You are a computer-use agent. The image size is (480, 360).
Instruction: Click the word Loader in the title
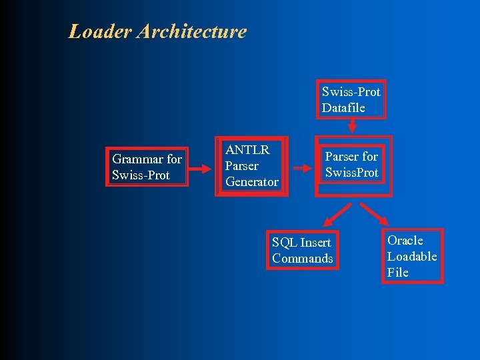coord(100,31)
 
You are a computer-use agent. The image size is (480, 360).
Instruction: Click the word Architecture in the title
coord(192,31)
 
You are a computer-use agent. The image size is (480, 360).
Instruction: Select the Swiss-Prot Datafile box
coord(351,100)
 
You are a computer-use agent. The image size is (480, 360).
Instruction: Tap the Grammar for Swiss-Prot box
coord(147,167)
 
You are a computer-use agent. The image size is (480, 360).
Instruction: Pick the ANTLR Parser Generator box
coord(252,166)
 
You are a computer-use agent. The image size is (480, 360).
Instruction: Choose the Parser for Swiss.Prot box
coord(351,165)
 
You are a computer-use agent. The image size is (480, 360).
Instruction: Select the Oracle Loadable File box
coord(412,257)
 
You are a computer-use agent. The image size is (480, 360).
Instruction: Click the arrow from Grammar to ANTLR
coord(201,168)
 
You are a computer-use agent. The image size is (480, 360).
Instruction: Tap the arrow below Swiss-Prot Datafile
coord(353,126)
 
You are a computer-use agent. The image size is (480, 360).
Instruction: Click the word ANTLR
coord(247,150)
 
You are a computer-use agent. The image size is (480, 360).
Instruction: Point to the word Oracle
coord(405,240)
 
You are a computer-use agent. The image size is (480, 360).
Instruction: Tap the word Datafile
coord(343,107)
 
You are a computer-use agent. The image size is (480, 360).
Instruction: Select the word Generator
coord(252,182)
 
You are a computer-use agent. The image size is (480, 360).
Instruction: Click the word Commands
coord(302,259)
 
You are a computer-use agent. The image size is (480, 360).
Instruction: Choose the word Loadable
coord(412,256)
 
